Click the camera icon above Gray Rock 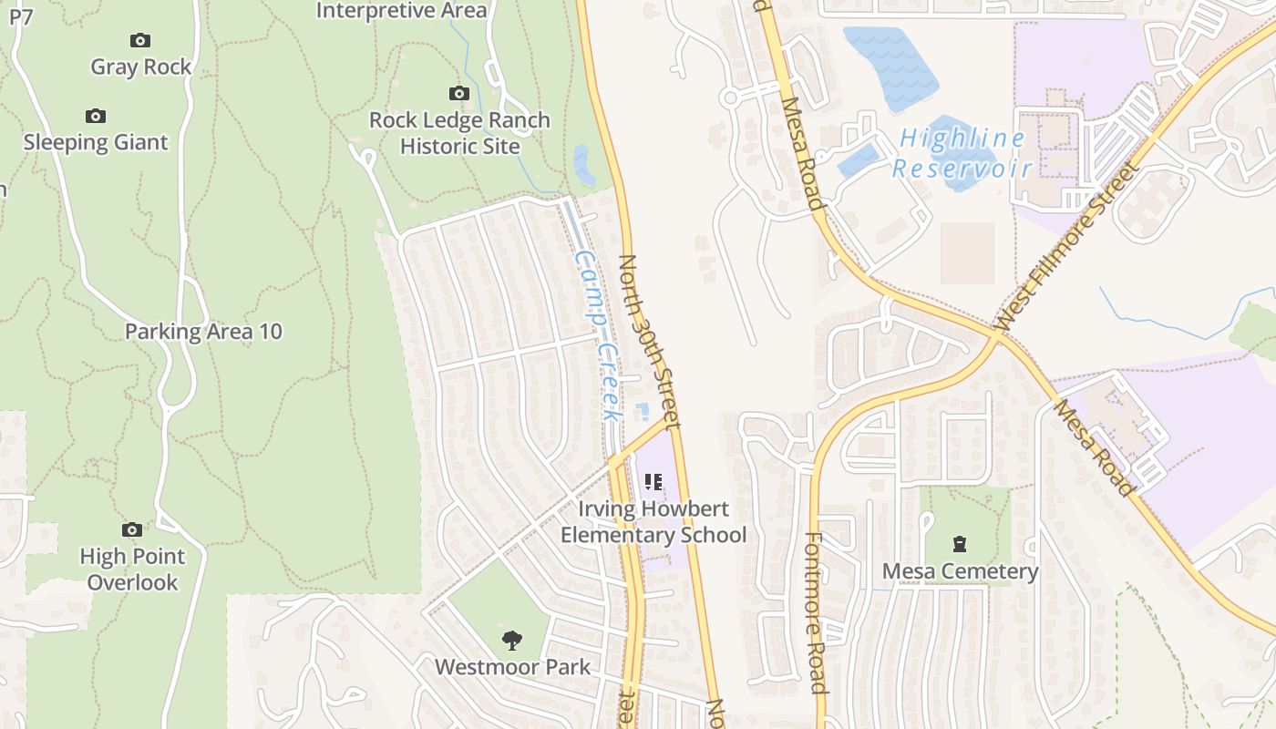click(139, 40)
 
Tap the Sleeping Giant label click(96, 142)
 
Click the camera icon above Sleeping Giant click(96, 116)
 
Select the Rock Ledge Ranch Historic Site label click(459, 133)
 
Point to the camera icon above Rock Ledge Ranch click(459, 93)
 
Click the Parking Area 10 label click(203, 332)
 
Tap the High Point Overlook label click(132, 569)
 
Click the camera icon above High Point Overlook click(132, 529)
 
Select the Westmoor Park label click(512, 666)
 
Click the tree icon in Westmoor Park click(512, 640)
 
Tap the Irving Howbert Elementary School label click(653, 521)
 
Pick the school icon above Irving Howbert click(653, 481)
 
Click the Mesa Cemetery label click(960, 571)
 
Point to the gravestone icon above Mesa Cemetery click(960, 544)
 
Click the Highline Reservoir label click(962, 153)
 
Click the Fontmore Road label click(816, 612)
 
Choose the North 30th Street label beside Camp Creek click(649, 342)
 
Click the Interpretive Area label click(401, 11)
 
